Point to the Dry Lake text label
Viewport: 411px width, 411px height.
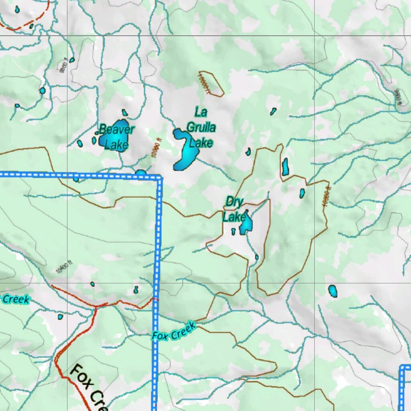234,209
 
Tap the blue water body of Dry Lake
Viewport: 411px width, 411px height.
246,225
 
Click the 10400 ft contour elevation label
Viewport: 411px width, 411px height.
64,267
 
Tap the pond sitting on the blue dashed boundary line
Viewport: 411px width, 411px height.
140,173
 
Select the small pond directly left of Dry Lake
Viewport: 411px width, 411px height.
233,231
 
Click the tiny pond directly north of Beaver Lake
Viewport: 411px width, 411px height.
124,113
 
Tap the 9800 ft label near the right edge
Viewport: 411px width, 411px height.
398,97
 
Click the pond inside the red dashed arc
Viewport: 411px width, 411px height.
17,9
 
